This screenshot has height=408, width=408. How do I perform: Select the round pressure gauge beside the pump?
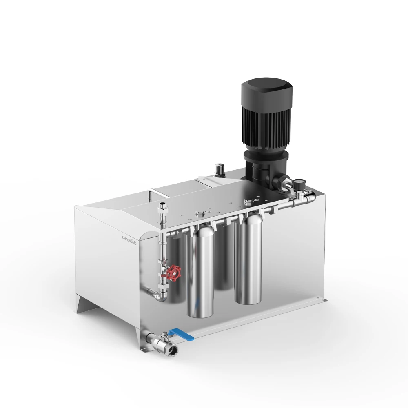pyautogui.click(x=300, y=182)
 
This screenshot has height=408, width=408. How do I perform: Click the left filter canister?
pyautogui.click(x=200, y=273)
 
